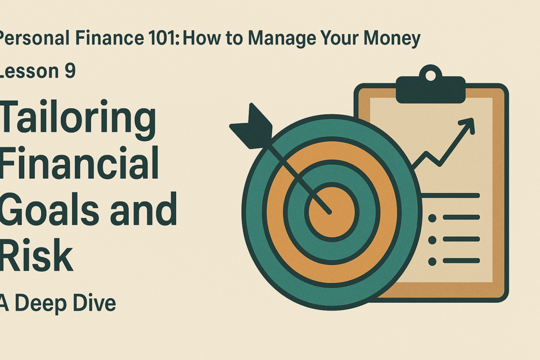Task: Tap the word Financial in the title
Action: (79, 163)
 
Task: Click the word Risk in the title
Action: (36, 255)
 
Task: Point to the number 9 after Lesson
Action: (70, 71)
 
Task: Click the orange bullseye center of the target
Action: (331, 212)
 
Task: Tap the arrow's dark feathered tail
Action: (253, 127)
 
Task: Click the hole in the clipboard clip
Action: (430, 75)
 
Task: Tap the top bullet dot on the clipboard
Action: (432, 218)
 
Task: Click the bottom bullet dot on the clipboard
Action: (432, 262)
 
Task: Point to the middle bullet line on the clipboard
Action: (461, 239)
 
